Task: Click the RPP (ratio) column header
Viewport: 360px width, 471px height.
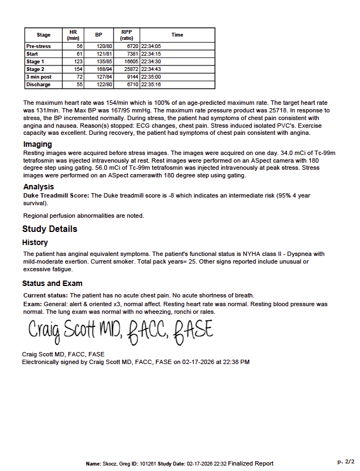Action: [127, 35]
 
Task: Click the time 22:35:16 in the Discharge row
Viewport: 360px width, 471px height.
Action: [151, 85]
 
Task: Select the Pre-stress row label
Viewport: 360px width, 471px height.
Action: [38, 46]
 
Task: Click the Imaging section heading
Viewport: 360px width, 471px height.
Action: [38, 144]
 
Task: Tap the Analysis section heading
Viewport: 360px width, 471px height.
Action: [38, 187]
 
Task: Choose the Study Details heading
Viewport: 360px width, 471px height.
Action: [50, 229]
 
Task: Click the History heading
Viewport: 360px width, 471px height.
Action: [35, 242]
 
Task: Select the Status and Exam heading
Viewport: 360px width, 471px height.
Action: [52, 283]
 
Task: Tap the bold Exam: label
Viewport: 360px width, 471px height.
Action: [32, 304]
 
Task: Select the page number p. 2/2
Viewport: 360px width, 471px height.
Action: [346, 461]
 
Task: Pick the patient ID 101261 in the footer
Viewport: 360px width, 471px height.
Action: [146, 463]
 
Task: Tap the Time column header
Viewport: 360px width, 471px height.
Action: [177, 35]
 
